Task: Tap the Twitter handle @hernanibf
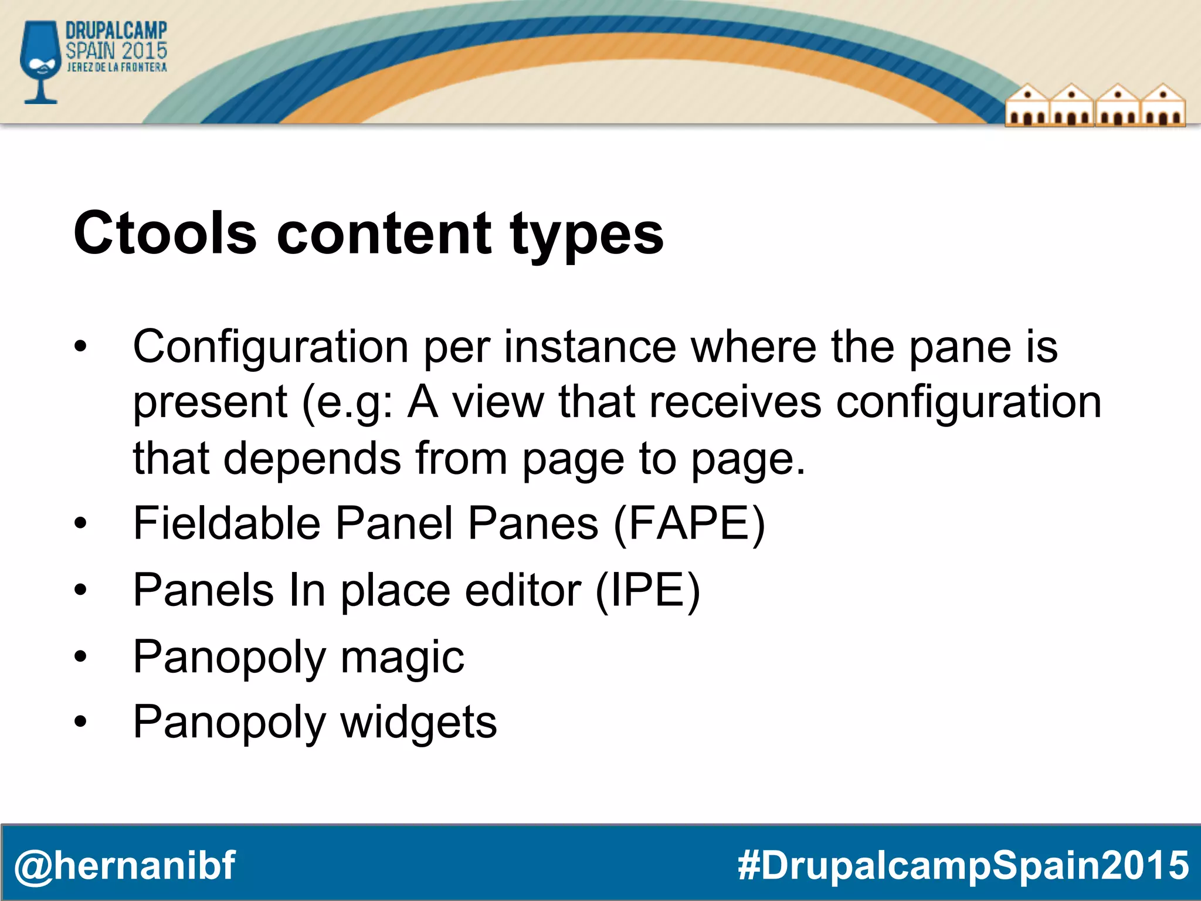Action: (124, 865)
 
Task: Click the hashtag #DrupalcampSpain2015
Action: (963, 865)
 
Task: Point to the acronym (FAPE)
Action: (689, 523)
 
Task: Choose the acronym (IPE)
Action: (647, 590)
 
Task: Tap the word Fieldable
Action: (227, 523)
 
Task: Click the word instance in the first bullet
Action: (590, 347)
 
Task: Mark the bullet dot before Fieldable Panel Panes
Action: (80, 523)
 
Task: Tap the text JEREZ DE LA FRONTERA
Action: (117, 67)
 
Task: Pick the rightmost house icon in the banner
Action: (1163, 106)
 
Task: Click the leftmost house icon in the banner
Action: (1027, 106)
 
